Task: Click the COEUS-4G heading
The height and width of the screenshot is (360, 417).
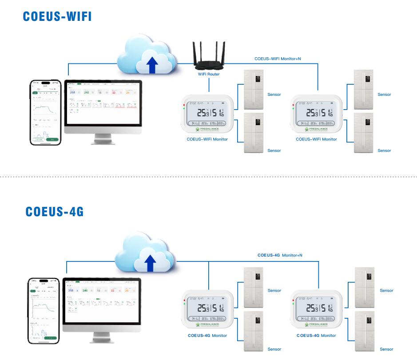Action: (55, 212)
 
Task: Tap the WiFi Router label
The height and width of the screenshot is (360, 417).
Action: (208, 74)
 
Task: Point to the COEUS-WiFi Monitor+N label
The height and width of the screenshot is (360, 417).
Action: (278, 58)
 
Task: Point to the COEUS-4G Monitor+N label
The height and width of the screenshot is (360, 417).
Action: (280, 255)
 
